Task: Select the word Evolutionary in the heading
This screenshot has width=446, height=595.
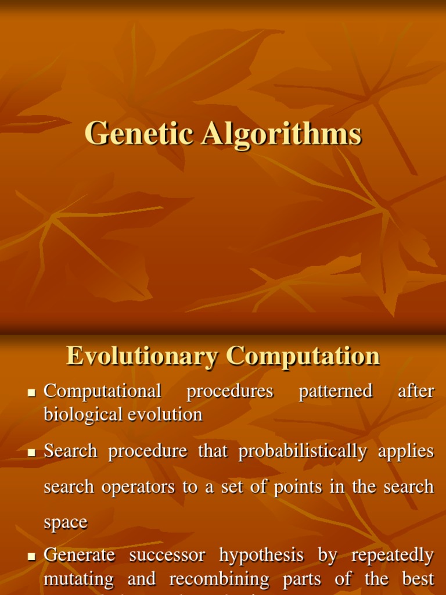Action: pos(142,356)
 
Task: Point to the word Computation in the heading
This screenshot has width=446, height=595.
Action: pos(303,356)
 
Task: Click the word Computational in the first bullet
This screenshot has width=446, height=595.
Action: pos(102,391)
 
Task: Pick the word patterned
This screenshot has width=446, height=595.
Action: pos(335,391)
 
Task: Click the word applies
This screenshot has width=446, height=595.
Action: pos(406,451)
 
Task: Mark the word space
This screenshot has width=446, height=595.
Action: pos(66,522)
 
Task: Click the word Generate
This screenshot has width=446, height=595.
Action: pos(79,555)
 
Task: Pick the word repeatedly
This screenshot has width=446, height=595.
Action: pos(393,555)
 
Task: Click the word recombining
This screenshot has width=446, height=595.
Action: pos(219,579)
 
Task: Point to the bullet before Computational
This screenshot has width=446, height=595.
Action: pos(32,393)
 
